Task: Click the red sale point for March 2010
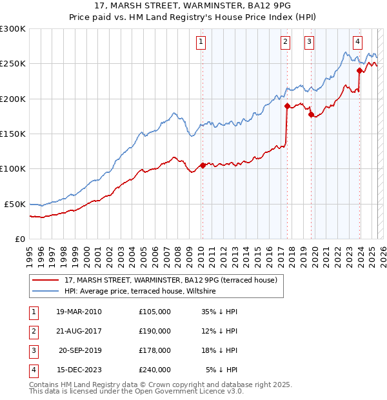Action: [x=203, y=165]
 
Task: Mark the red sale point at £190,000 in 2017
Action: [x=286, y=106]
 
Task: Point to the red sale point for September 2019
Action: [x=311, y=114]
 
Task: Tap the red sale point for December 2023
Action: [x=359, y=71]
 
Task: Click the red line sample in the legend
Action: [x=45, y=280]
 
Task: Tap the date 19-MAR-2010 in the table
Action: [x=79, y=312]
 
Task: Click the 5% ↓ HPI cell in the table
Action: [x=222, y=370]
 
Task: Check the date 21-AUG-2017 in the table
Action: [x=79, y=331]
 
